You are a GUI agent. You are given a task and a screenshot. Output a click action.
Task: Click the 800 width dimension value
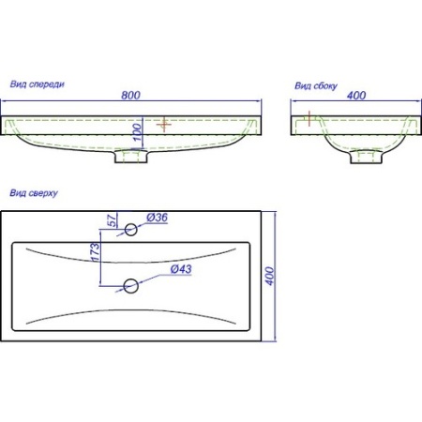(x=130, y=95)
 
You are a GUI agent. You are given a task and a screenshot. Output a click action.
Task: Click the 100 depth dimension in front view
(x=138, y=132)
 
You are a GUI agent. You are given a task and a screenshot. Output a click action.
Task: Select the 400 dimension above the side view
(x=356, y=96)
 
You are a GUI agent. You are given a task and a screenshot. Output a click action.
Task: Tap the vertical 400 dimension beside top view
(x=270, y=276)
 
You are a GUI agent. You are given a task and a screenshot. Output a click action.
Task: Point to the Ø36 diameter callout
(x=157, y=218)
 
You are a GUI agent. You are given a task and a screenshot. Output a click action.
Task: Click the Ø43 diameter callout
(x=181, y=269)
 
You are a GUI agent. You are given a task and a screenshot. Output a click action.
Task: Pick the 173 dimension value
(x=96, y=252)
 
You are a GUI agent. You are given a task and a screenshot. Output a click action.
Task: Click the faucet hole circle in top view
(x=131, y=230)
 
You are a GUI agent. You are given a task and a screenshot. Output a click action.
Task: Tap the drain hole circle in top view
(x=131, y=286)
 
